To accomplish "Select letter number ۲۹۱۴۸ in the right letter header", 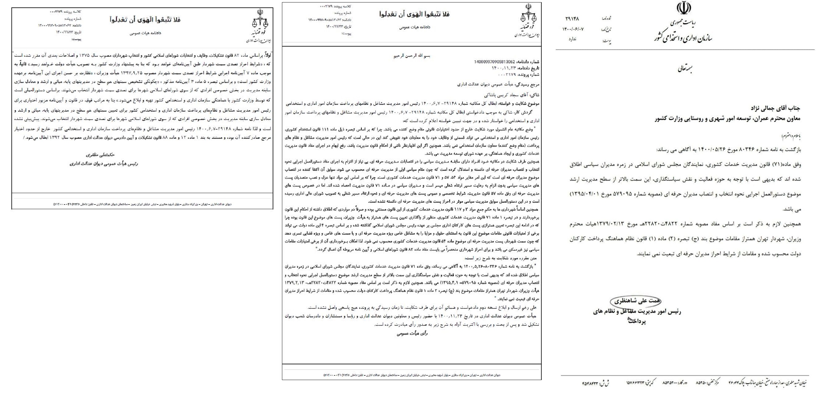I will (572, 19).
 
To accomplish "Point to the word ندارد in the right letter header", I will (572, 39).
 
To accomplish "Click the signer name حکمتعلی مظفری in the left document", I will (100, 155).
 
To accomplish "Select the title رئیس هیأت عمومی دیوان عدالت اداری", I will (104, 164).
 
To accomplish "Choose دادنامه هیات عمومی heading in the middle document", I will (415, 27).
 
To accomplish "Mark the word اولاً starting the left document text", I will (267, 55).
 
